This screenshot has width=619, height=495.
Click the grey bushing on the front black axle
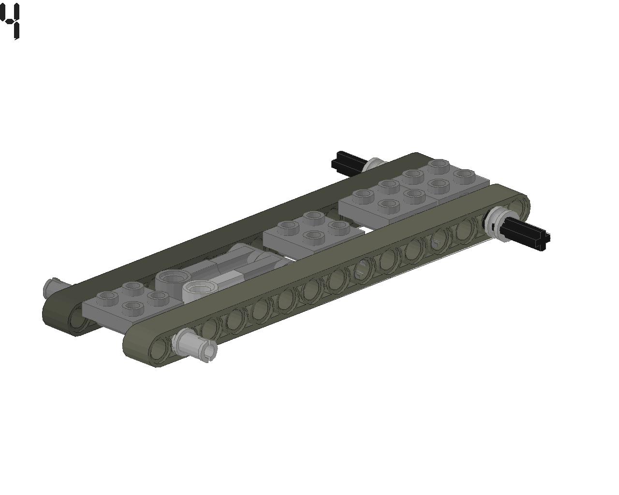(x=496, y=220)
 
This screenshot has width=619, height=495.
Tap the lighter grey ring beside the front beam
(x=199, y=290)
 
